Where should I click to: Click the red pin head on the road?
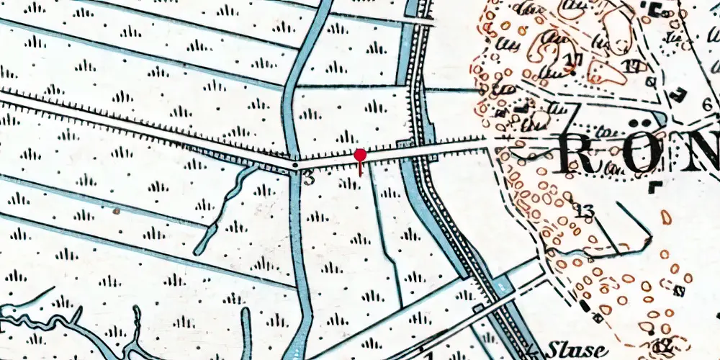point(360,155)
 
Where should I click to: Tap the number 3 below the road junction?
point(309,179)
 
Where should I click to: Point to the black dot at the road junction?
point(295,166)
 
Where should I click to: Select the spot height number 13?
point(585,212)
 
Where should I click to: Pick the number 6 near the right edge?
point(708,104)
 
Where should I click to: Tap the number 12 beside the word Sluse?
point(664,347)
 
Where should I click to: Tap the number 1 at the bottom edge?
point(430,355)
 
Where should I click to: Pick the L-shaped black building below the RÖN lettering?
point(655,187)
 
